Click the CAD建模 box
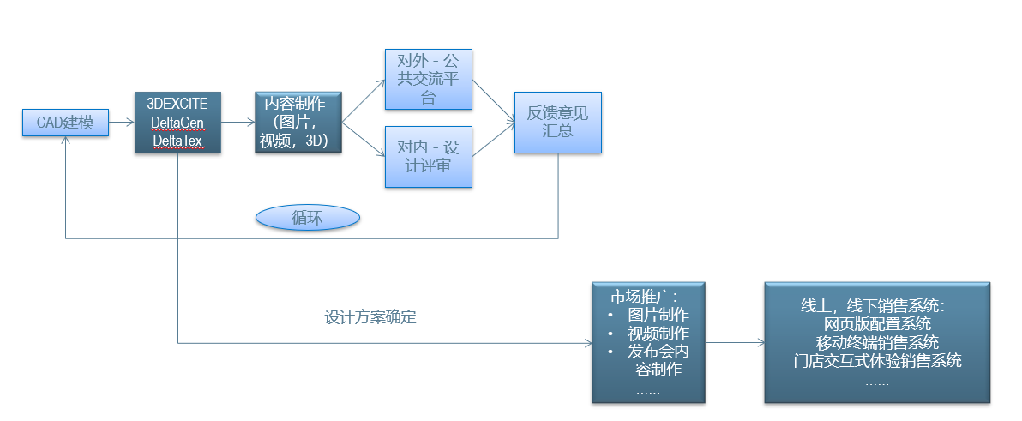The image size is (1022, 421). [x=65, y=123]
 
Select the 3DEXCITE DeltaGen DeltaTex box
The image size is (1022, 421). [x=177, y=123]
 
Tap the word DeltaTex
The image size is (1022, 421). [x=177, y=140]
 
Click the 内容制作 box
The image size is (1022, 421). [x=298, y=122]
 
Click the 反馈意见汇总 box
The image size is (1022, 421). [x=558, y=123]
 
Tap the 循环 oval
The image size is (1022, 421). [x=308, y=217]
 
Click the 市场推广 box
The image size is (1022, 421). [x=648, y=341]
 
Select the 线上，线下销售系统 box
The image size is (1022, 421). [x=876, y=341]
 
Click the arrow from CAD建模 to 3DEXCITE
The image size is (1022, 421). [x=121, y=123]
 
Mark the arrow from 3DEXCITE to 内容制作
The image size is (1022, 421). [x=237, y=123]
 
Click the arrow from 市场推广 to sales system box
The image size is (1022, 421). [x=734, y=342]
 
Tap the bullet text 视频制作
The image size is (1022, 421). [x=658, y=334]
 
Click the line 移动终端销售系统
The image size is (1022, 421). [x=876, y=342]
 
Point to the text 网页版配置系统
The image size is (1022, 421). [x=876, y=324]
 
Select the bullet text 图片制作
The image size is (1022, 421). [x=658, y=316]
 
